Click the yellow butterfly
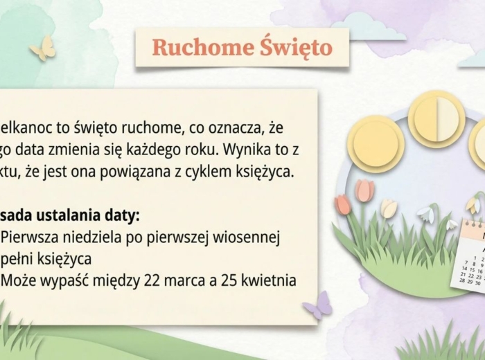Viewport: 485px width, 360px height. tap(43, 48)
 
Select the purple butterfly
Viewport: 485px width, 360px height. tap(317, 305)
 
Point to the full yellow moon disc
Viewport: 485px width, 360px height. tap(376, 143)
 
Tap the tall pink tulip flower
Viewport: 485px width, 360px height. tap(364, 190)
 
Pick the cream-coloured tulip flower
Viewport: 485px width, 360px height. tap(389, 208)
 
